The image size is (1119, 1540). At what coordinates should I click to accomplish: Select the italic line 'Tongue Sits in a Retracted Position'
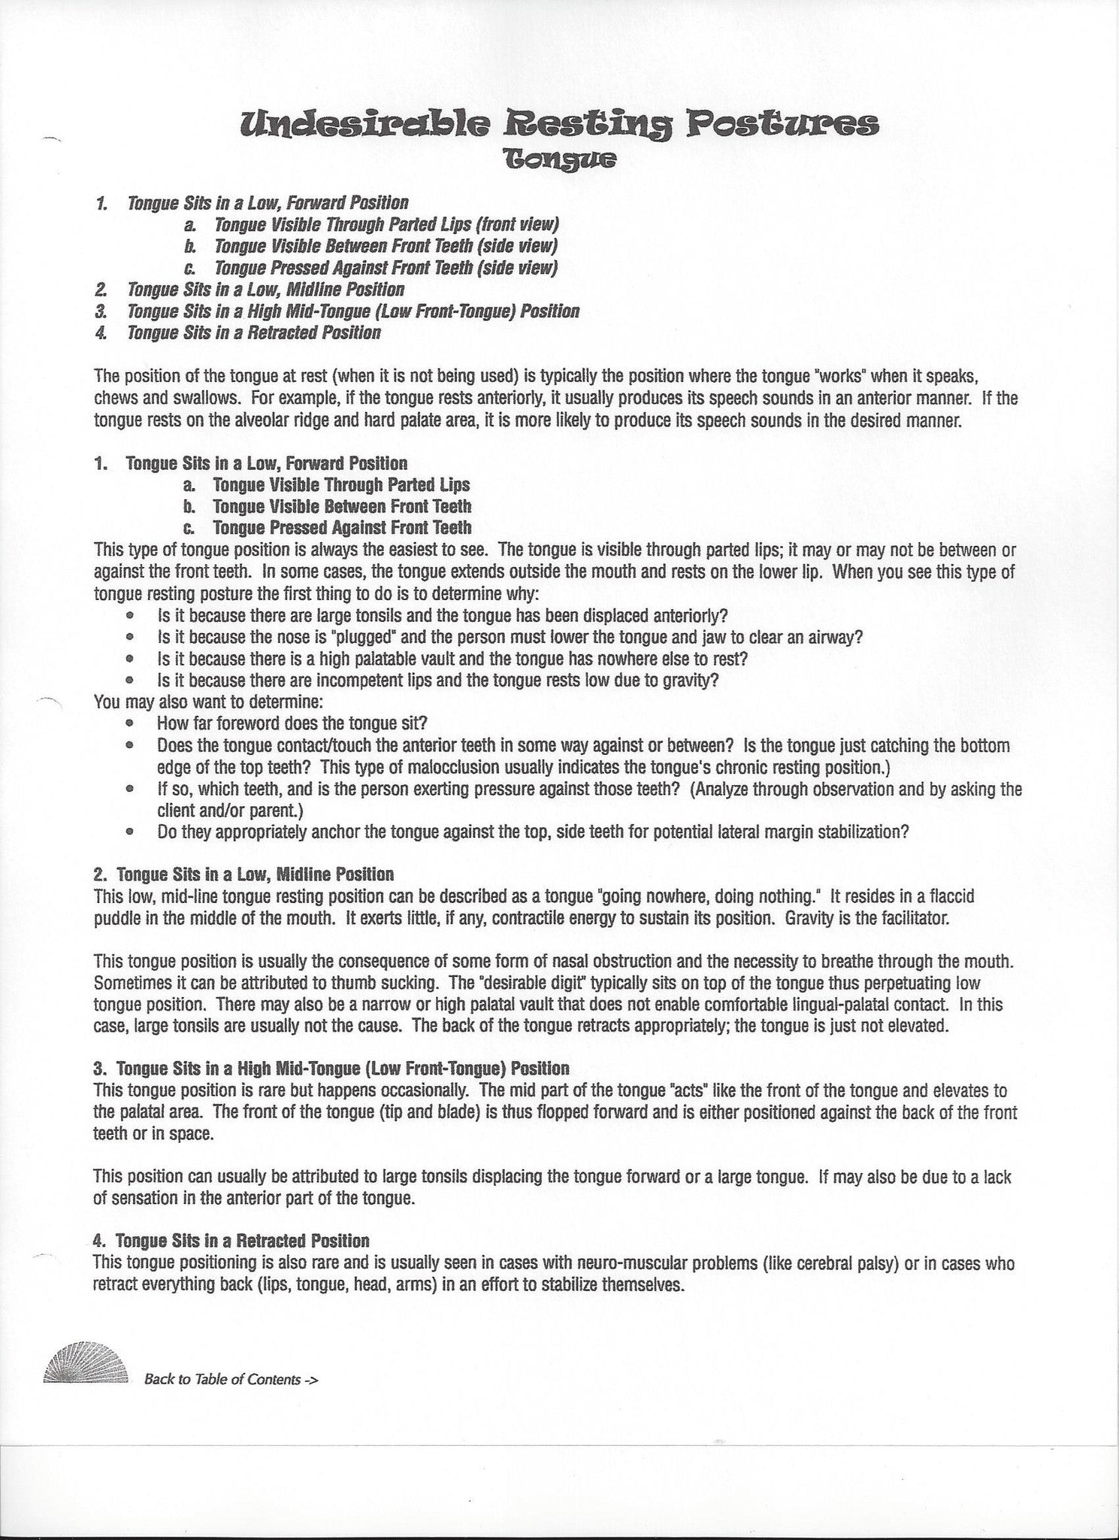[x=254, y=332]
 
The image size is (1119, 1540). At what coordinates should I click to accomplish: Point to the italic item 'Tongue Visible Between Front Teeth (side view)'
[x=386, y=246]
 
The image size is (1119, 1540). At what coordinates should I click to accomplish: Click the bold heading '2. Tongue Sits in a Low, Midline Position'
[x=243, y=875]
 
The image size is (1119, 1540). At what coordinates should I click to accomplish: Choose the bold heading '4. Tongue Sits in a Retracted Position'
[x=231, y=1241]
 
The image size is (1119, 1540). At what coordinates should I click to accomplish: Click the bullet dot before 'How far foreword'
[x=131, y=724]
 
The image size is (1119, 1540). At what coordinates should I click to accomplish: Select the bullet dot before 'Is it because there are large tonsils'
[x=131, y=616]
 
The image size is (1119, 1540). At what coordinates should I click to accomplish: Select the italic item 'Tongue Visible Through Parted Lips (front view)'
[x=386, y=224]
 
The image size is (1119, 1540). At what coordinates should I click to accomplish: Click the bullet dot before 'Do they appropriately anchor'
[x=131, y=832]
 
